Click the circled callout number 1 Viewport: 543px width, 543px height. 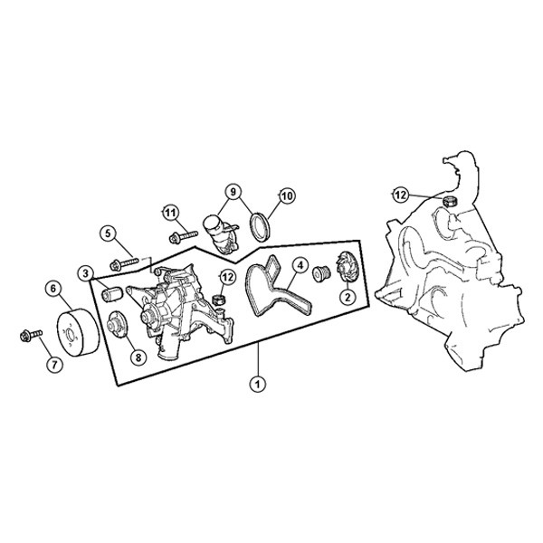257,384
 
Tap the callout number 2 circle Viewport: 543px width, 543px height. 348,296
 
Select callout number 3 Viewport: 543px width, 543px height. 85,273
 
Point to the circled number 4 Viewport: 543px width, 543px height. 300,265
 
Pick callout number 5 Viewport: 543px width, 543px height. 108,233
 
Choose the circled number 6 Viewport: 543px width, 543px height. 53,289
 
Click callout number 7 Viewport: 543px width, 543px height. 55,365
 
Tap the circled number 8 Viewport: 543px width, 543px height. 138,357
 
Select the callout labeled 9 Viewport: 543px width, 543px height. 233,191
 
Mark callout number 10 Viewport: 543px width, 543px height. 287,196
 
